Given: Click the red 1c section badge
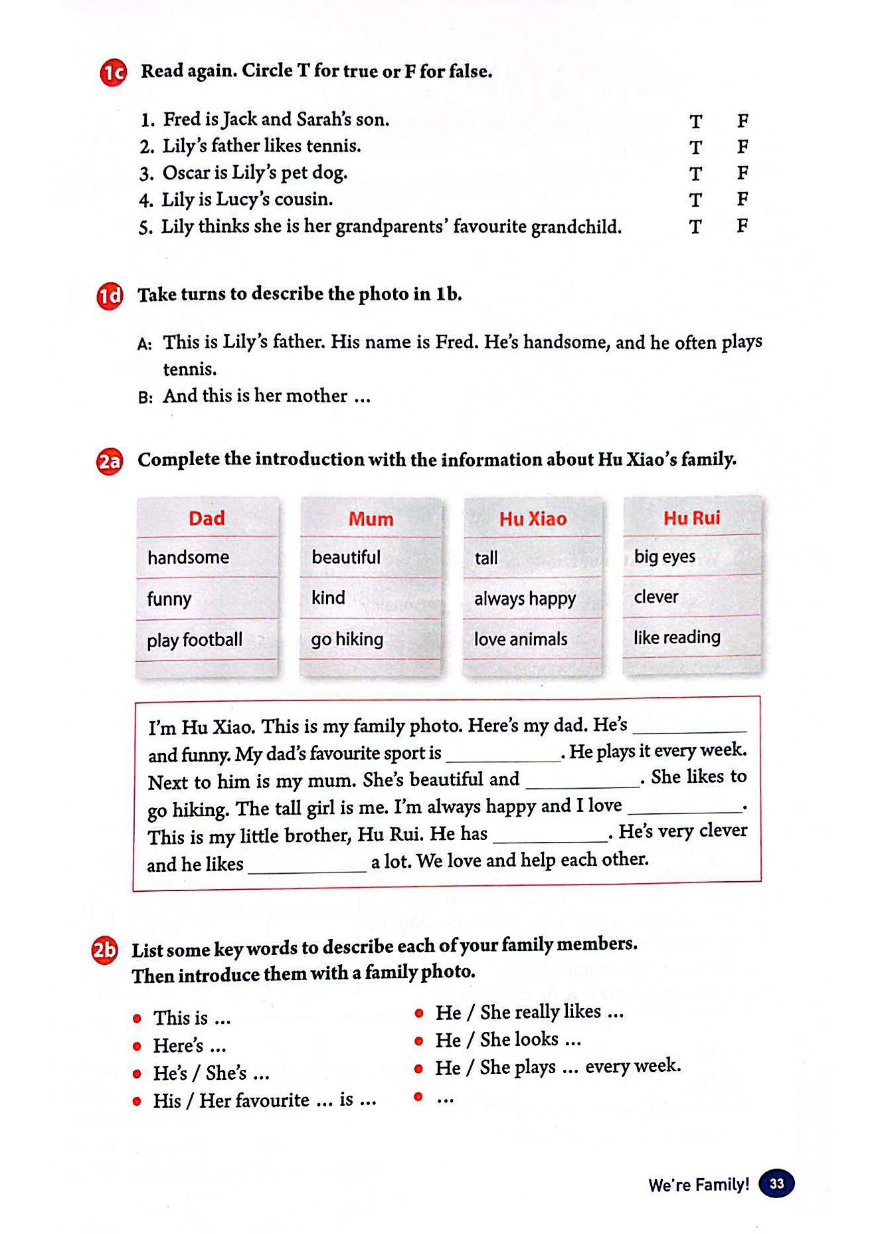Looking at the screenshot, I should point(113,72).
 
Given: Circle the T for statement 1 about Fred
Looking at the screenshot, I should point(695,122).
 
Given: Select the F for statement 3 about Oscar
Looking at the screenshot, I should point(742,173).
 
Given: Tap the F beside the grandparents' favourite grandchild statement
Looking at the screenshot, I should point(742,226).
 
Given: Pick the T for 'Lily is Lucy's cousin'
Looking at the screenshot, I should point(695,200).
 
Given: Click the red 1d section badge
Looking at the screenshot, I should point(110,296).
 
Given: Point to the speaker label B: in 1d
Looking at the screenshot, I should point(145,397).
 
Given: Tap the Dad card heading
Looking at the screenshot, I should point(207,518).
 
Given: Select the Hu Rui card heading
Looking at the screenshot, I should point(691,518).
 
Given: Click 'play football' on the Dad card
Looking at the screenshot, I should point(195,640).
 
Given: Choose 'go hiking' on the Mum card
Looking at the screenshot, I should point(347,639).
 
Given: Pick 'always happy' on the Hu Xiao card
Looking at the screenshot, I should point(525,599).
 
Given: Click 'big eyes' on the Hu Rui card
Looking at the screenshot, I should point(665,556).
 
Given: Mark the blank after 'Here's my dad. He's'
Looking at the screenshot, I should point(689,726).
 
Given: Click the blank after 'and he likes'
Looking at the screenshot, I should point(307,865).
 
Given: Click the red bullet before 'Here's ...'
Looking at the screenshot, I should point(137,1047).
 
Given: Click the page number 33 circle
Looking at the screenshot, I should point(776,1183).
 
